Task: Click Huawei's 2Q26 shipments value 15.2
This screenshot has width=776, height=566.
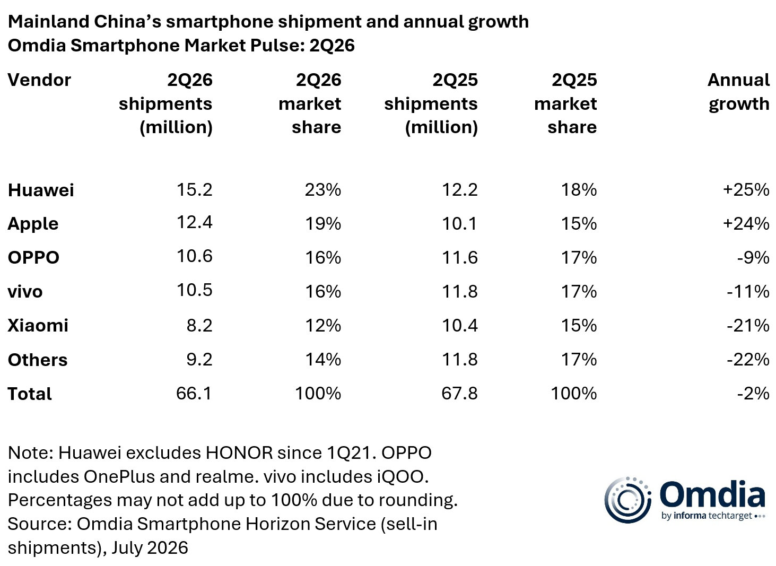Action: click(194, 189)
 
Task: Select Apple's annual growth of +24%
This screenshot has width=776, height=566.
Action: click(746, 223)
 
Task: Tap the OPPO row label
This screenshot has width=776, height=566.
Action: click(33, 257)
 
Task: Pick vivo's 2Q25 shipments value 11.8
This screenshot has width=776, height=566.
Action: click(460, 291)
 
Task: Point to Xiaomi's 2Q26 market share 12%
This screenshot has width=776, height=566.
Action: click(323, 325)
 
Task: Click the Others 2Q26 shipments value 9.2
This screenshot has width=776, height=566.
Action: click(199, 359)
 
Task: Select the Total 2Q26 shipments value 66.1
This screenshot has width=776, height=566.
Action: click(194, 393)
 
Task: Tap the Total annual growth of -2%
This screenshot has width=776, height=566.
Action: click(753, 393)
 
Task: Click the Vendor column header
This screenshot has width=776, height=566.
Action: click(39, 80)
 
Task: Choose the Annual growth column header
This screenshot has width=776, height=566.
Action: click(738, 92)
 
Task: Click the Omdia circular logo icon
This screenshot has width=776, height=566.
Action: click(627, 500)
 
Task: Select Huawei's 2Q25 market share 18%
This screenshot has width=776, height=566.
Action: click(579, 189)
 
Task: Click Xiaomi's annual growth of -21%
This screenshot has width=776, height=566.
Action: click(748, 325)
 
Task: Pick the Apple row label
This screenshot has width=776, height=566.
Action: click(33, 224)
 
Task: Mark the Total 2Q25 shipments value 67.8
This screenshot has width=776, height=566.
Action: click(459, 393)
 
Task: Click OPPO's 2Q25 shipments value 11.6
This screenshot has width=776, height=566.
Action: click(460, 257)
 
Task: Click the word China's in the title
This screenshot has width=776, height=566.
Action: click(127, 21)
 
